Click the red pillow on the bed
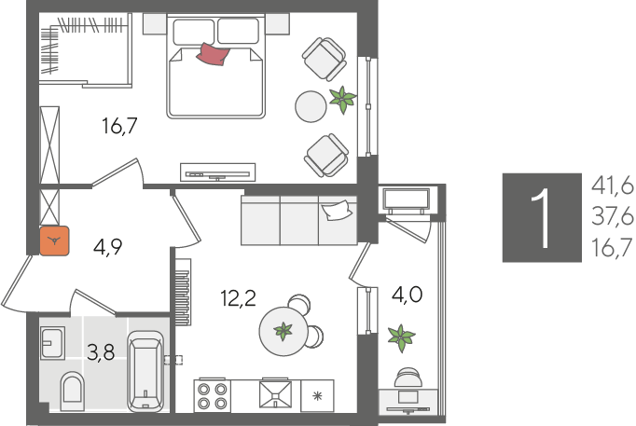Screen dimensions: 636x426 [x=213, y=54]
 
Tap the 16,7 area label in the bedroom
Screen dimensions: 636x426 [x=120, y=126]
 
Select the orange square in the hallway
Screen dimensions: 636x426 [x=54, y=240]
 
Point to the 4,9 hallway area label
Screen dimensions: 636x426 [x=107, y=246]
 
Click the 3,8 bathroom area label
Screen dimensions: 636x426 [x=101, y=351]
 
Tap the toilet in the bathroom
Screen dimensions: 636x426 [x=72, y=392]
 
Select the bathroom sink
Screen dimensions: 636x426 [x=52, y=343]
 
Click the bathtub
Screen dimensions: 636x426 [x=145, y=372]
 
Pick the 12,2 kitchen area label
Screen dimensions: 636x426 [x=238, y=298]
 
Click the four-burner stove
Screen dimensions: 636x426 [x=212, y=396]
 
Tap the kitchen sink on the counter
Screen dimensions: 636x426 [x=276, y=393]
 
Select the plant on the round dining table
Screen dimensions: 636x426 [x=283, y=331]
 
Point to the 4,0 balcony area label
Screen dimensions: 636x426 [x=407, y=295]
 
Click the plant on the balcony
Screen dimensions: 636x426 [x=401, y=338]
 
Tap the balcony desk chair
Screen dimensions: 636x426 [x=408, y=377]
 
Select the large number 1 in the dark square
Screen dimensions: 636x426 [x=542, y=218]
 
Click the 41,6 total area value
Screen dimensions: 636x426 [x=612, y=186]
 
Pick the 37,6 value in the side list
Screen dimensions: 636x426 [x=612, y=217]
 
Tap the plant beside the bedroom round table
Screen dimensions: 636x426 [x=343, y=100]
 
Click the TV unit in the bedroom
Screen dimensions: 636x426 [x=218, y=172]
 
